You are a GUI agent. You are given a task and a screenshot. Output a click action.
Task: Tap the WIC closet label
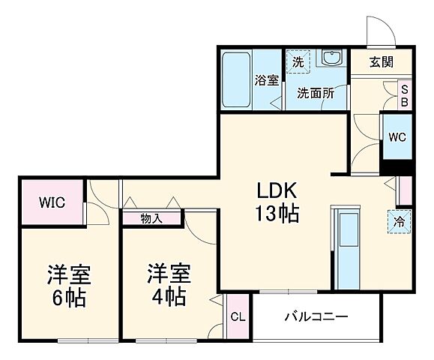[52, 202]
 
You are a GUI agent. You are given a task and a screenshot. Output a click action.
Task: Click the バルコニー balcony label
[316, 316]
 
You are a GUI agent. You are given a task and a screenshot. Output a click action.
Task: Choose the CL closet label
[237, 316]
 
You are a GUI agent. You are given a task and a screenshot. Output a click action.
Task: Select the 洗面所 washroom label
[314, 94]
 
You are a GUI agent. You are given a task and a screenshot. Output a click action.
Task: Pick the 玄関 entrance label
[381, 62]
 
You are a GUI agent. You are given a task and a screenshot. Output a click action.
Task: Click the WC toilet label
[397, 136]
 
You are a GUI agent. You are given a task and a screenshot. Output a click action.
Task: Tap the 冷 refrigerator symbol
[400, 222]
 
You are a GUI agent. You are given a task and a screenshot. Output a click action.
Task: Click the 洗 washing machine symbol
[298, 62]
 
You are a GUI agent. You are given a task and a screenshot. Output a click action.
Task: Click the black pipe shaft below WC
[397, 166]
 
